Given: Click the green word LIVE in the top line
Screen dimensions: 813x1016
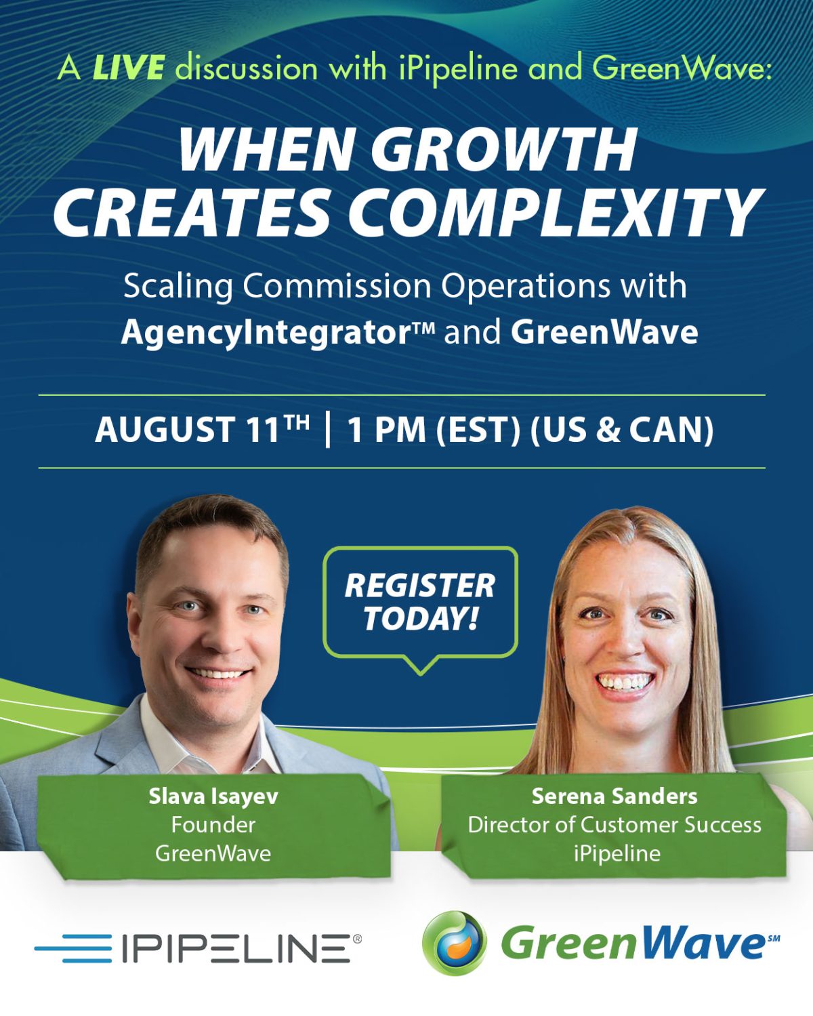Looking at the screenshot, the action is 128,68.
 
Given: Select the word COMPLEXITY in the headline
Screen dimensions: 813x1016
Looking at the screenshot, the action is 554,211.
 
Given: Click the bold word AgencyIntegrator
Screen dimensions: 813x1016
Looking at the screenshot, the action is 278,333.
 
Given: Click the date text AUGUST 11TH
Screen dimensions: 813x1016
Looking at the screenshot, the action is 202,429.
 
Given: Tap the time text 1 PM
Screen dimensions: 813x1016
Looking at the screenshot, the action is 386,430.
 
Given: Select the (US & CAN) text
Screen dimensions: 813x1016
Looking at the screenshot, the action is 622,430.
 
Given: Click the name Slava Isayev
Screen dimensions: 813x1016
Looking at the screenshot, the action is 213,796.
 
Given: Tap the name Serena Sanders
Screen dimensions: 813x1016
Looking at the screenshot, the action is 614,796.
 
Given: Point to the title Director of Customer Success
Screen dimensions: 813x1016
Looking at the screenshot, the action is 614,826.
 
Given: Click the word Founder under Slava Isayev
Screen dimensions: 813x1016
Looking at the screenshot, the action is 213,826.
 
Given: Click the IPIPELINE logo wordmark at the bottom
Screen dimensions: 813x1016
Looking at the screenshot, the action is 236,948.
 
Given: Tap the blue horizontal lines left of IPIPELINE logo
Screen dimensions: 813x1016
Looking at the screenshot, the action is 73,948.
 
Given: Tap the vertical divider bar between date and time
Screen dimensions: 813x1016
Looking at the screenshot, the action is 328,430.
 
